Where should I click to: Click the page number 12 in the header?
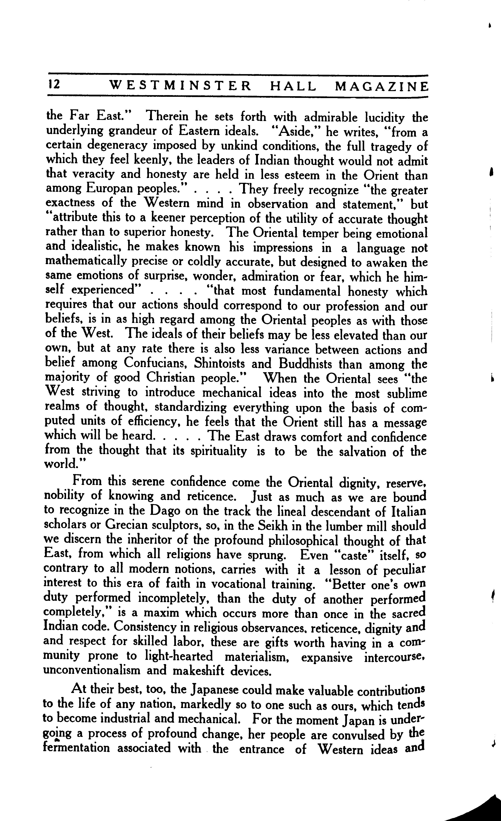click(53, 85)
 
